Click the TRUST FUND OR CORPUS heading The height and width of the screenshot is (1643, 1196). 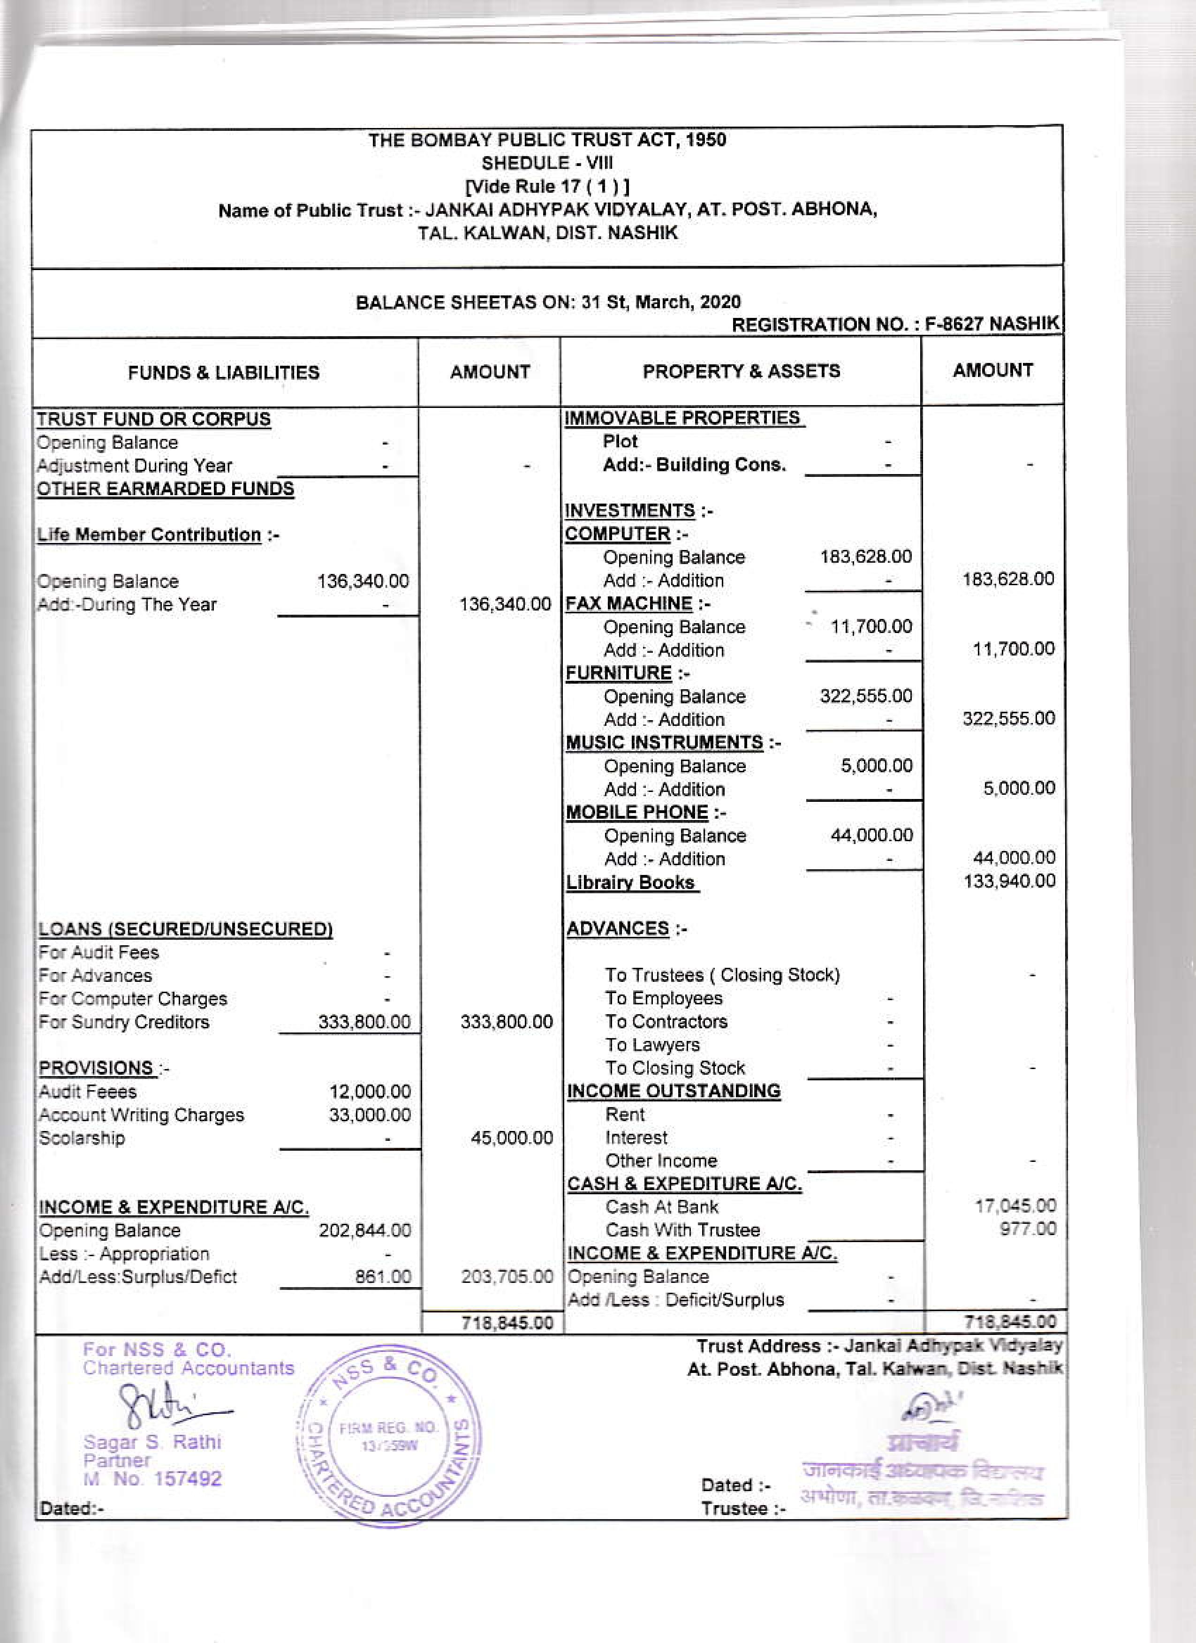pyautogui.click(x=153, y=420)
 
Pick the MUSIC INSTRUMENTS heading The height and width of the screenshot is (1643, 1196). pyautogui.click(x=664, y=743)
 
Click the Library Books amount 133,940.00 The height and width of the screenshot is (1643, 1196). pyautogui.click(x=1009, y=881)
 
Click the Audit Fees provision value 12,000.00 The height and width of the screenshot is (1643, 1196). pyautogui.click(x=370, y=1091)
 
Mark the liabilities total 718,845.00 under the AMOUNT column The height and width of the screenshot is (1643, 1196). pyautogui.click(x=507, y=1323)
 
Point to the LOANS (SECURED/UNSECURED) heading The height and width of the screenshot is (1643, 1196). pyautogui.click(x=185, y=929)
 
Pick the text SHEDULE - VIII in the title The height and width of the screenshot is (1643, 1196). pyautogui.click(x=547, y=163)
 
